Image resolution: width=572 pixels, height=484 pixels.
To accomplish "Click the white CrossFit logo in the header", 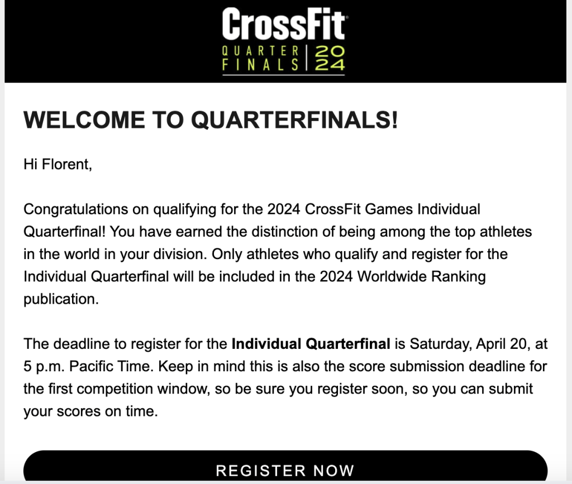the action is [283, 24].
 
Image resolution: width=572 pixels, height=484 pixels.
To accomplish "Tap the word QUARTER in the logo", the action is [260, 51].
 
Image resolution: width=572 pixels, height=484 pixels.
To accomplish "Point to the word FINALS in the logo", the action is [260, 65].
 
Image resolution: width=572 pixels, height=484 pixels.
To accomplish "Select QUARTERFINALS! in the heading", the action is [294, 119].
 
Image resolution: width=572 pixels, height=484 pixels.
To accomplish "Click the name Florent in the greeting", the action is [67, 164].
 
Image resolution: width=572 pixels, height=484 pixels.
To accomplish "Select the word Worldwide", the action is [392, 277].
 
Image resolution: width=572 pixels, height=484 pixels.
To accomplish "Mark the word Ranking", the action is [459, 277].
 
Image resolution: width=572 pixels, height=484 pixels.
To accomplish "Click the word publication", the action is [61, 299].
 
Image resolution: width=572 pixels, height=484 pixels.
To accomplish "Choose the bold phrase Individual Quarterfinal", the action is [311, 344].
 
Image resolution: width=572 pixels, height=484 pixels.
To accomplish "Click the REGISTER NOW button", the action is [285, 468].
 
